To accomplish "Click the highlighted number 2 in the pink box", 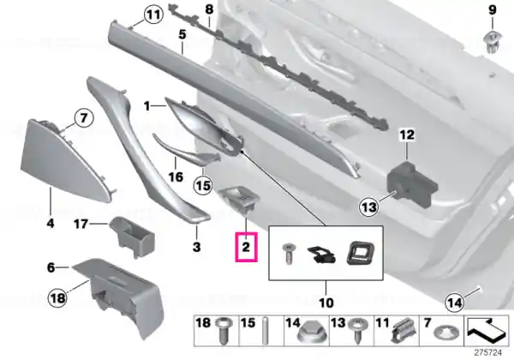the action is pyautogui.click(x=246, y=247).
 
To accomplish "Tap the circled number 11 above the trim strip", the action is pyautogui.click(x=153, y=15).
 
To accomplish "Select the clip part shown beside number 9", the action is pyautogui.click(x=491, y=43).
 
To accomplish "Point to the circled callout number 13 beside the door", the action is pyautogui.click(x=369, y=207).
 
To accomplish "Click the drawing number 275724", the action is pyautogui.click(x=488, y=352).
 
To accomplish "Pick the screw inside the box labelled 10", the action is pyautogui.click(x=288, y=254).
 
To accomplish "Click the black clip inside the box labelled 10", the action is pyautogui.click(x=321, y=255).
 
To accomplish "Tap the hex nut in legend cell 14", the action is pyautogui.click(x=308, y=333).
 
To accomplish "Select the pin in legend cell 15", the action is pyautogui.click(x=265, y=331).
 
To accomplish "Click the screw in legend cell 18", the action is pyautogui.click(x=224, y=330).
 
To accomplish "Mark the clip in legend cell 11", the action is pyautogui.click(x=403, y=331).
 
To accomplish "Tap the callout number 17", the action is pyautogui.click(x=81, y=225).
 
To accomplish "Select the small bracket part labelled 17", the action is pyautogui.click(x=131, y=236).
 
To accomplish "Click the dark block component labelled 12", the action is pyautogui.click(x=412, y=184).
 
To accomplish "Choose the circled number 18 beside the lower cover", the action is pyautogui.click(x=57, y=298).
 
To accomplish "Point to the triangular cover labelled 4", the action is pyautogui.click(x=67, y=160).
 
